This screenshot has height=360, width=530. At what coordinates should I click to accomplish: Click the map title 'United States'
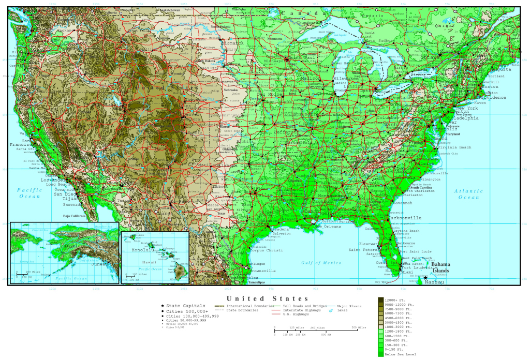[x=268, y=298]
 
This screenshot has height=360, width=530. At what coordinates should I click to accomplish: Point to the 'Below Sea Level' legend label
[x=401, y=354]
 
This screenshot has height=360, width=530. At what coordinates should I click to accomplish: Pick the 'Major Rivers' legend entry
[x=350, y=306]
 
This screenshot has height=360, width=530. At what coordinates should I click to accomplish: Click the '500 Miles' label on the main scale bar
[x=358, y=327]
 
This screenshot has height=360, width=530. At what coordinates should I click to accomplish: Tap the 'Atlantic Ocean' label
[x=469, y=194]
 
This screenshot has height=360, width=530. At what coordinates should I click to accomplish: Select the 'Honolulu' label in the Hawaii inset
[x=142, y=250]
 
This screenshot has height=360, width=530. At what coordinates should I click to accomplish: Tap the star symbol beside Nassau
[x=425, y=278]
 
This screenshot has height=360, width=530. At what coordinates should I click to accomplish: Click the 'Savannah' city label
[x=409, y=203]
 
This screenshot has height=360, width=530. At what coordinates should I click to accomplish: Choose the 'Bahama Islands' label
[x=440, y=267]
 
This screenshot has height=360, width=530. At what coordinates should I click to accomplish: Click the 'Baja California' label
[x=73, y=216]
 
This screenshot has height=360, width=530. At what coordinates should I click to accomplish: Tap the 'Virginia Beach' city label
[x=453, y=147]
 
